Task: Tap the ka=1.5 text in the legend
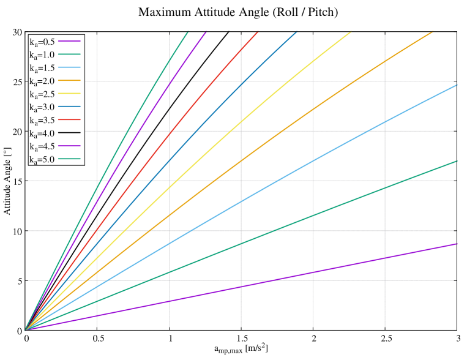pyautogui.click(x=42, y=68)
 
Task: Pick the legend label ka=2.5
pyautogui.click(x=42, y=94)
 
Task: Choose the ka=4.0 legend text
pyautogui.click(x=42, y=133)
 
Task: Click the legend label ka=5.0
pyautogui.click(x=42, y=160)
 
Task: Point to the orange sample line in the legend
pyautogui.click(x=69, y=81)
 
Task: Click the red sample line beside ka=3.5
pyautogui.click(x=69, y=120)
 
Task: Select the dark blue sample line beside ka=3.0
pyautogui.click(x=69, y=107)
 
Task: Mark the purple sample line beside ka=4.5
pyautogui.click(x=69, y=146)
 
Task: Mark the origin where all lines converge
pyautogui.click(x=25, y=330)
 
